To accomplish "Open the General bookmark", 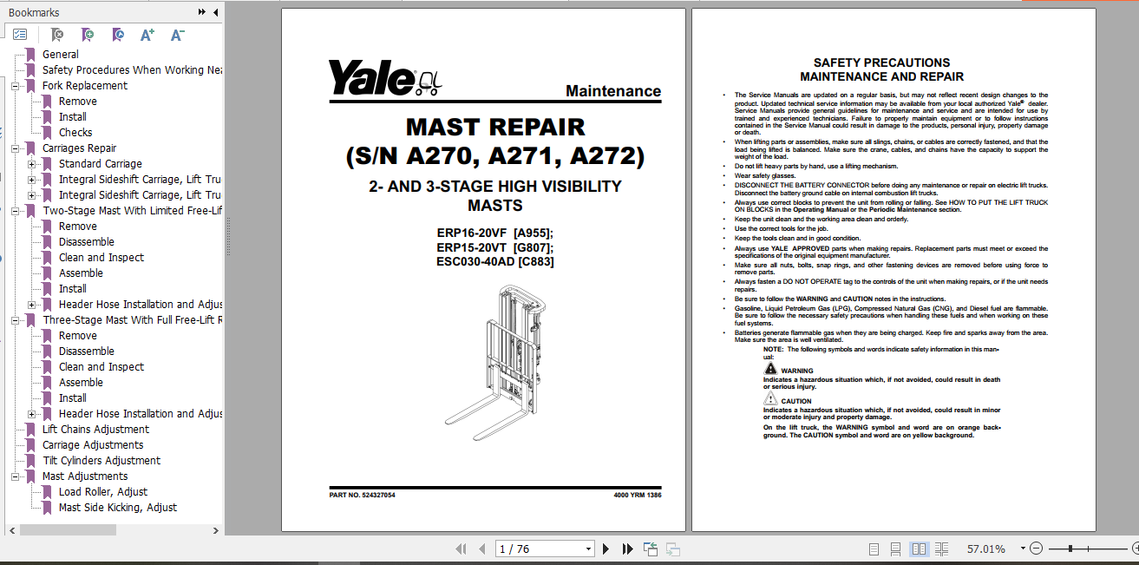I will coord(60,54).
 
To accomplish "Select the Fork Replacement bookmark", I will coord(84,85).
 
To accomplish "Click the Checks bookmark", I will coord(75,132).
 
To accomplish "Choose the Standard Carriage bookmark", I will coord(100,163).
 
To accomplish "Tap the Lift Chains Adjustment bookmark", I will coord(95,429).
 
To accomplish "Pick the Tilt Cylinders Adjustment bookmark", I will coord(101,460).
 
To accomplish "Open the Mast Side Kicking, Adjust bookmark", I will coord(117,507).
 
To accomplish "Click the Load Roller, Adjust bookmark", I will coord(102,491).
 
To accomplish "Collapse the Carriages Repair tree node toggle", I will coord(16,148).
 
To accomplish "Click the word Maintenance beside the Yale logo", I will coord(612,91).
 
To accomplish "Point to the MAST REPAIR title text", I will coord(495,127).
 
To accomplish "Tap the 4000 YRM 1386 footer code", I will coord(637,495).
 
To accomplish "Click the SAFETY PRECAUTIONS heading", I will coord(881,62).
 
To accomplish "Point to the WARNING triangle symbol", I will coord(771,370).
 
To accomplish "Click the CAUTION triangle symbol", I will coord(771,399).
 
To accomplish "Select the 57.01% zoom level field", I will coord(986,549).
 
